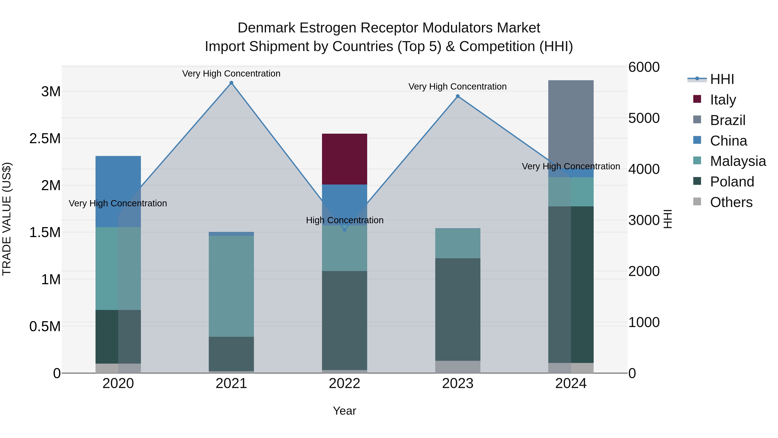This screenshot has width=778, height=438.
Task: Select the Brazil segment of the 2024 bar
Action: click(x=571, y=127)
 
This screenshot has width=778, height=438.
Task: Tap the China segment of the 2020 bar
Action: click(x=118, y=191)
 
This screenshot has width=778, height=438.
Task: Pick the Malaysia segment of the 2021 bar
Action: click(x=231, y=286)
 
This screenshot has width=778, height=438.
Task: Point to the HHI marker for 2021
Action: click(x=231, y=83)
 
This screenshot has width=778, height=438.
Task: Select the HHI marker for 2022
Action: click(x=345, y=230)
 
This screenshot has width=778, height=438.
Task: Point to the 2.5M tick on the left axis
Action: click(x=45, y=138)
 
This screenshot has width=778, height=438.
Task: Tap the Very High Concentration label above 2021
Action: click(x=231, y=74)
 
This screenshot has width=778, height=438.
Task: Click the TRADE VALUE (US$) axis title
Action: click(x=7, y=219)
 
